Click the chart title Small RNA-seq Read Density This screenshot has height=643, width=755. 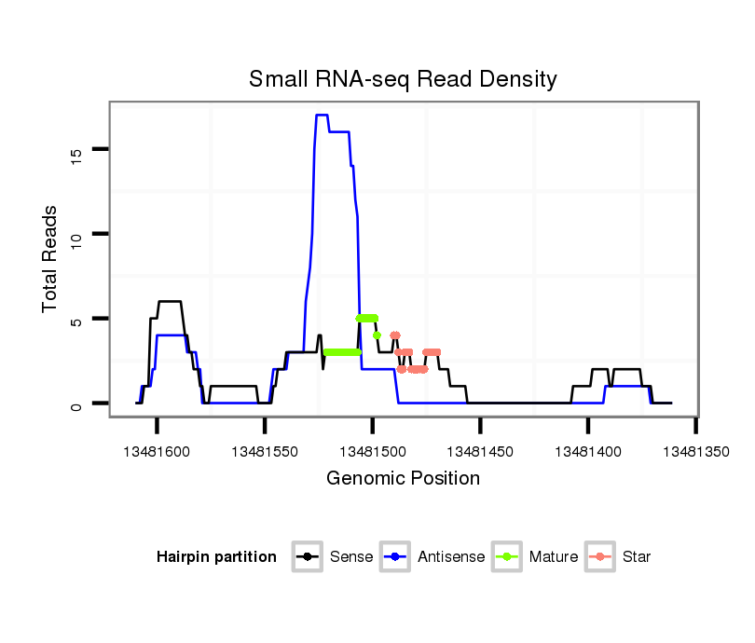click(403, 79)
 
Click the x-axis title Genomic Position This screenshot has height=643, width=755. click(403, 479)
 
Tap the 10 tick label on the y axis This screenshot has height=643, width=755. click(77, 234)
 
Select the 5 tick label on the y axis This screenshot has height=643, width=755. click(77, 319)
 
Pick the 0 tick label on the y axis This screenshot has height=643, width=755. click(77, 404)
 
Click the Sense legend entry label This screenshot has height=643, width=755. click(351, 557)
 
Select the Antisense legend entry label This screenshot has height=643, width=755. click(451, 557)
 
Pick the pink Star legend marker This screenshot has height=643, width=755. click(601, 557)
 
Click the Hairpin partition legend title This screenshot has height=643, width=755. click(217, 557)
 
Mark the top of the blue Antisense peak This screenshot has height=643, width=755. click(322, 116)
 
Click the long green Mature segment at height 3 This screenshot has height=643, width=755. click(342, 352)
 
